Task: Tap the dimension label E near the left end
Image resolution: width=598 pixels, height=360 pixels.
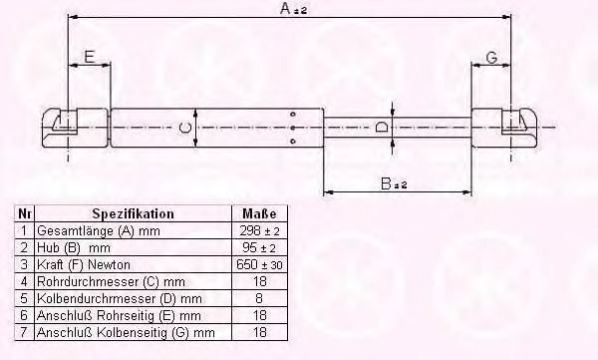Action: pyautogui.click(x=90, y=57)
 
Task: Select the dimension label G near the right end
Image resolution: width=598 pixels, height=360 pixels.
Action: pyautogui.click(x=492, y=58)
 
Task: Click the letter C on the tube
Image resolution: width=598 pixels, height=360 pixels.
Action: pyautogui.click(x=185, y=128)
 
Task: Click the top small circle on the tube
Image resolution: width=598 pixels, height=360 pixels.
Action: pyautogui.click(x=293, y=114)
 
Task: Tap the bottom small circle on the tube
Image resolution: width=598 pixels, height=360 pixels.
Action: pyautogui.click(x=293, y=142)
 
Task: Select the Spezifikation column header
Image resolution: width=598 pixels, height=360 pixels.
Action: pyautogui.click(x=134, y=213)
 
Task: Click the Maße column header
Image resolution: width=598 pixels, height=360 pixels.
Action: pyautogui.click(x=259, y=213)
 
